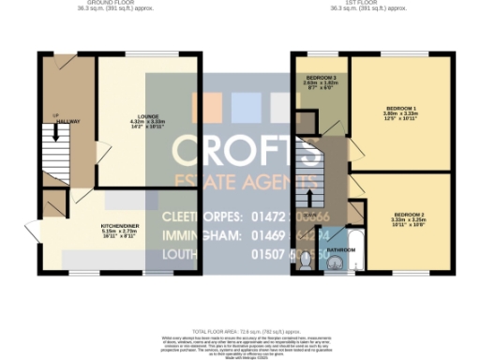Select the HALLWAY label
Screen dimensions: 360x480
tap(66, 121)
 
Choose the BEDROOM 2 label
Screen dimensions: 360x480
tap(410, 216)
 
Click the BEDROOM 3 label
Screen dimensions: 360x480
tap(321, 76)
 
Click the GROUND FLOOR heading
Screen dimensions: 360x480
tap(100, 3)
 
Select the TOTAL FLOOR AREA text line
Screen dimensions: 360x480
tap(241, 331)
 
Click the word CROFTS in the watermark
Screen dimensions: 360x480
tap(241, 149)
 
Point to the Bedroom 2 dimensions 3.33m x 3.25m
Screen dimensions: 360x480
tap(410, 221)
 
